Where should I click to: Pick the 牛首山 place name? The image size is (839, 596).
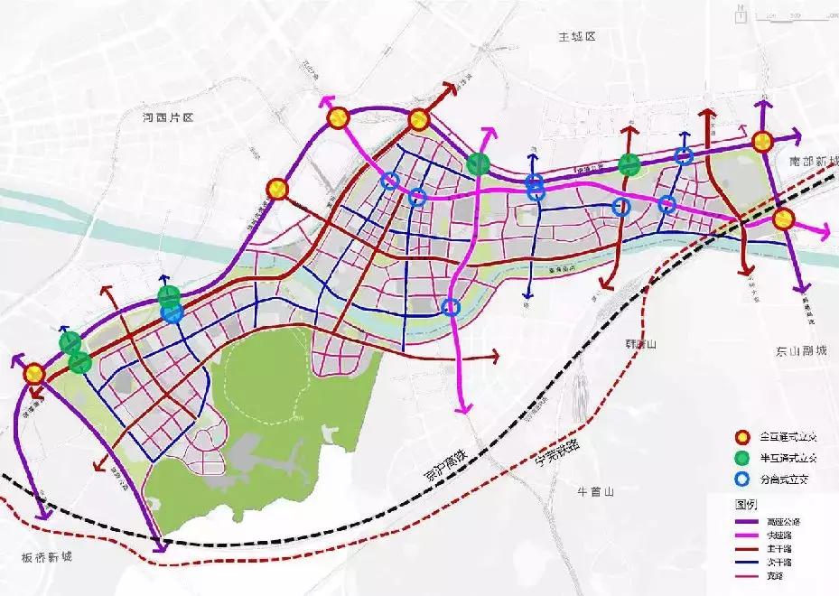(x=595, y=492)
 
